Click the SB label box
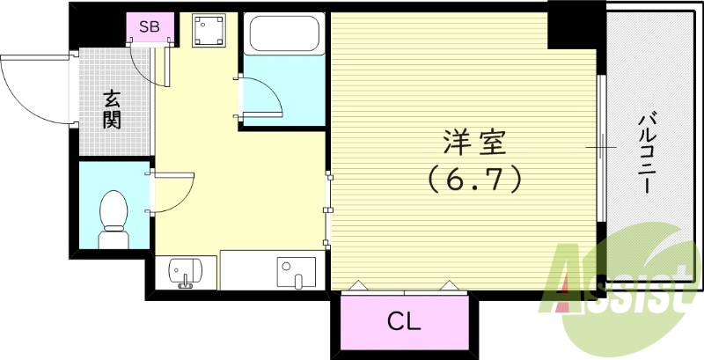pyautogui.click(x=150, y=27)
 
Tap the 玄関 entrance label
pyautogui.click(x=112, y=109)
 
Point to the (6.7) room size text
pyautogui.click(x=475, y=180)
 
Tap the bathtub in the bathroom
pyautogui.click(x=283, y=35)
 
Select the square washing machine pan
pyautogui.click(x=209, y=33)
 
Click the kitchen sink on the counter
pyautogui.click(x=291, y=270)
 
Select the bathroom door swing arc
pyautogui.click(x=264, y=97)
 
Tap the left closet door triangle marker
pyautogui.click(x=359, y=285)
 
